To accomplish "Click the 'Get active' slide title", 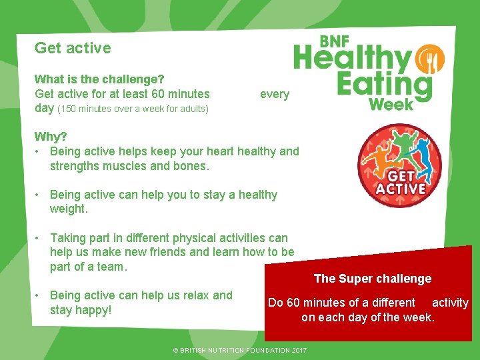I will point(73,48).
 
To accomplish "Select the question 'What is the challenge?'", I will point(99,79).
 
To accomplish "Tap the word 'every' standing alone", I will point(274,94).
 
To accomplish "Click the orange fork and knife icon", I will point(430,61).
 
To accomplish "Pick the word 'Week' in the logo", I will point(391,104).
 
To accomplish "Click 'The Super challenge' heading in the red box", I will point(372,279).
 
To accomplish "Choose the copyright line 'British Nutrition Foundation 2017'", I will point(239,350).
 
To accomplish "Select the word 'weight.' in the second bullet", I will point(69,209).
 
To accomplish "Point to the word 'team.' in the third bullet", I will point(112,267).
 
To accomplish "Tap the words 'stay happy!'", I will point(81,310).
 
